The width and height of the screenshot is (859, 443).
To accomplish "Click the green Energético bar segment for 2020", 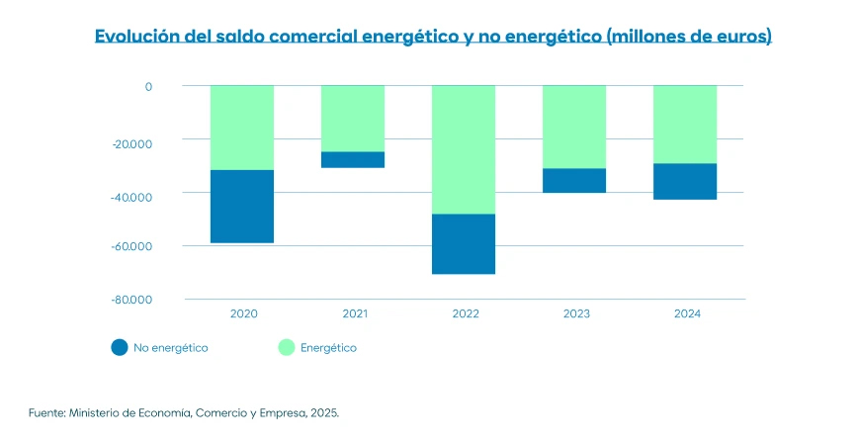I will (242, 128).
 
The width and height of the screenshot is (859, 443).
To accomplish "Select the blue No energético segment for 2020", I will (242, 206).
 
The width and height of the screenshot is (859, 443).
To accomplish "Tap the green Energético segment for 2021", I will (353, 119).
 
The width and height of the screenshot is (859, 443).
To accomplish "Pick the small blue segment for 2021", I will (353, 159).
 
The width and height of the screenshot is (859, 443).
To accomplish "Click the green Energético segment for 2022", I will (464, 149).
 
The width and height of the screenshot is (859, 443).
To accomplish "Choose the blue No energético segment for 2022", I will (464, 243).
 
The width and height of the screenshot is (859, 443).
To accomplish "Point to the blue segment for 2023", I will (574, 180).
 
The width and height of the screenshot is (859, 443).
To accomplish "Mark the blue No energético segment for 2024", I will (685, 181).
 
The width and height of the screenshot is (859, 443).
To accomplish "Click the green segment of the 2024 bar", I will (685, 125).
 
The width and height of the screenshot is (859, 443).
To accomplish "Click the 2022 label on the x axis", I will (466, 313).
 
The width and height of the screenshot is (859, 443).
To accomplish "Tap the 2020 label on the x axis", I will (244, 313).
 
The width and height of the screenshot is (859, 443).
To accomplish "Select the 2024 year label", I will (687, 313).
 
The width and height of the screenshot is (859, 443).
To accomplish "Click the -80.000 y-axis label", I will (131, 300).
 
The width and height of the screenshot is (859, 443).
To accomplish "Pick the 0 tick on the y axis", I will (148, 86).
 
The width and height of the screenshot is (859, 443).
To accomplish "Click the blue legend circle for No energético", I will (120, 347).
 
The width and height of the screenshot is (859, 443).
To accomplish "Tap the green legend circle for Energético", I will (286, 347).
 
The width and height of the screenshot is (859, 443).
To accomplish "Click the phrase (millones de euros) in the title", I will (688, 37).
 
